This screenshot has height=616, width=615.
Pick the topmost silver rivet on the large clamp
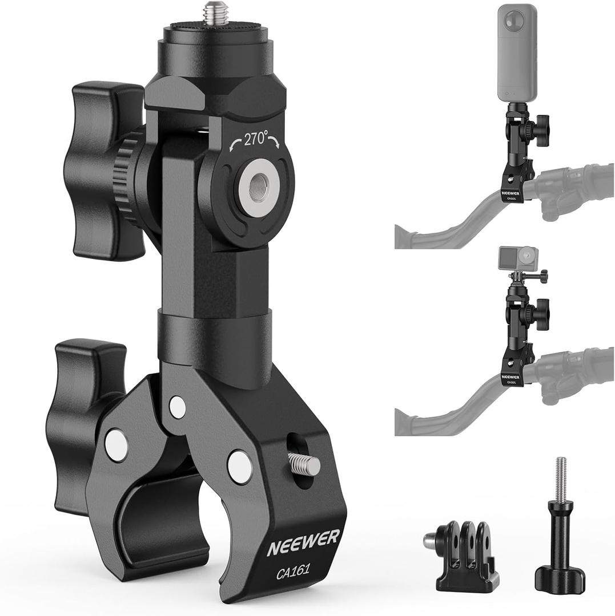[178, 406]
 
